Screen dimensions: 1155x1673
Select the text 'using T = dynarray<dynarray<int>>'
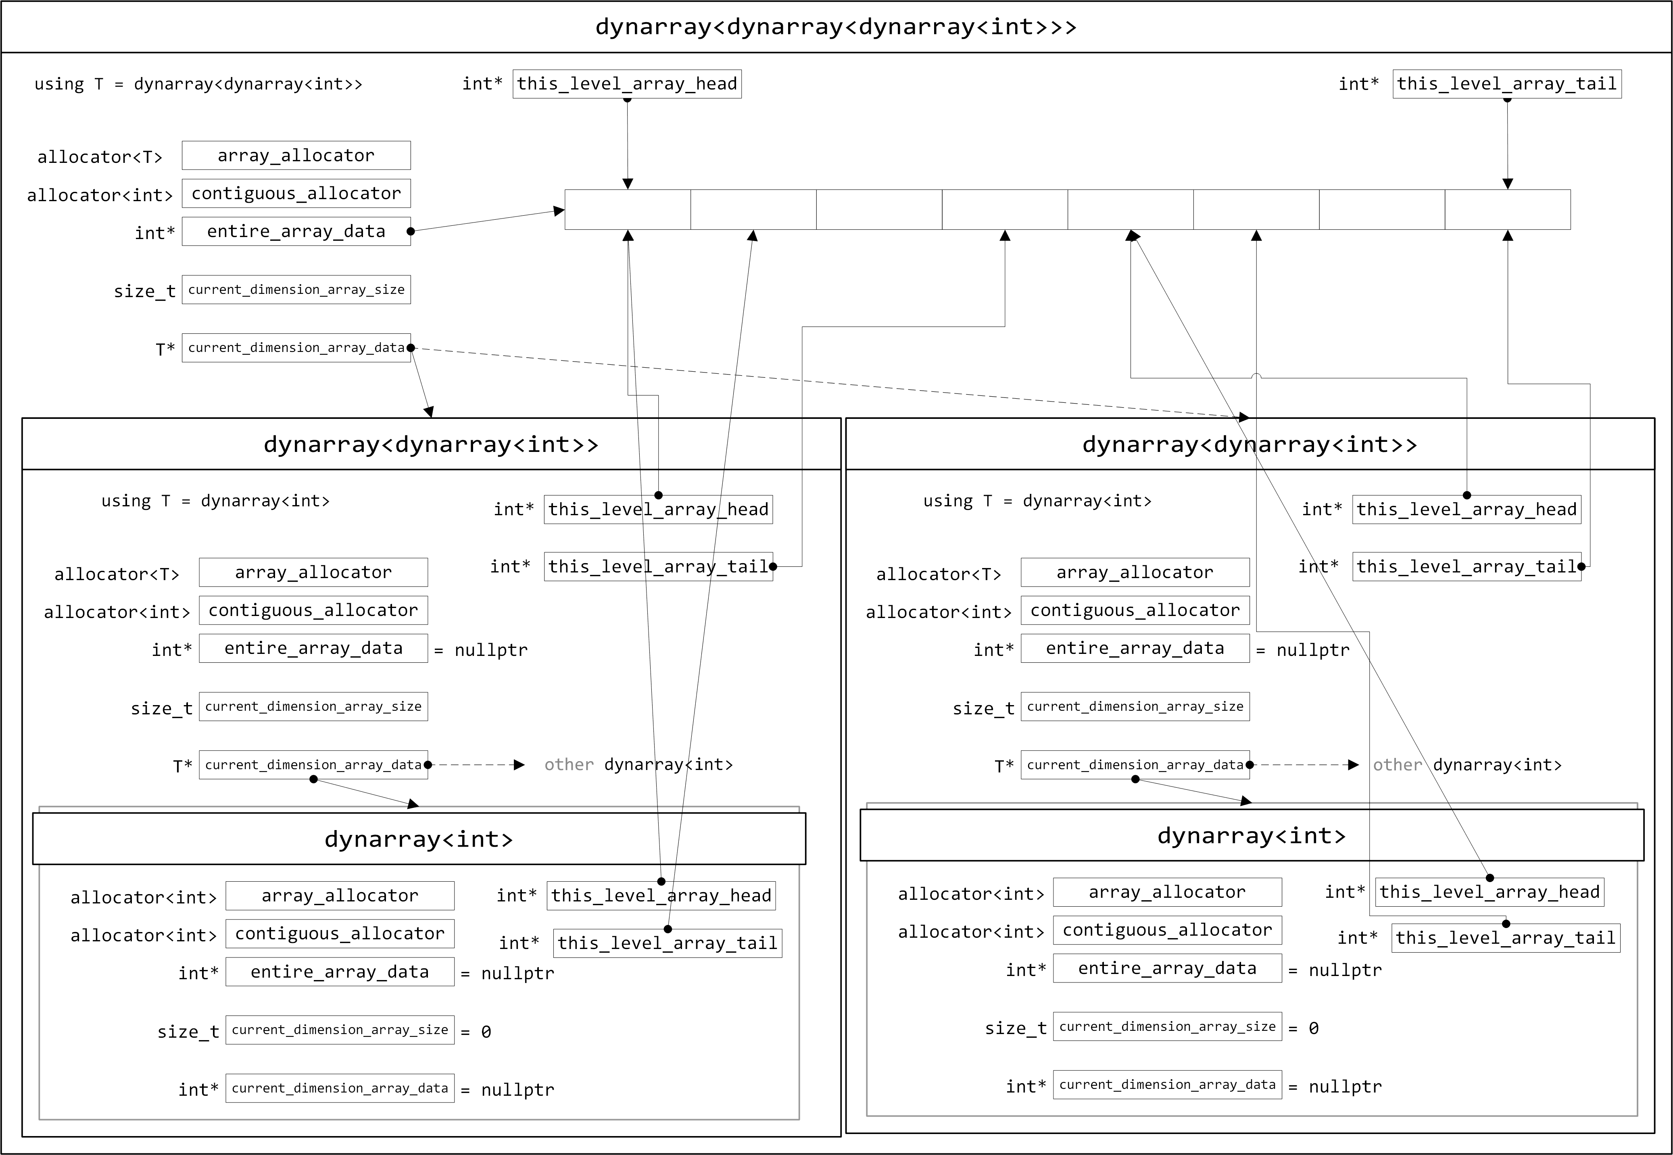pos(198,84)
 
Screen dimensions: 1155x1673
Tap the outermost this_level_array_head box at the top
pos(627,84)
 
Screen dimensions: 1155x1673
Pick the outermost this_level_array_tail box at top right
pos(1506,84)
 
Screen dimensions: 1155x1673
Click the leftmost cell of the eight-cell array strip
pos(628,210)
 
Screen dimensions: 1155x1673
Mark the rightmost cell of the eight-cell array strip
pos(1507,210)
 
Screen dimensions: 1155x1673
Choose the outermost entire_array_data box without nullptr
pos(296,231)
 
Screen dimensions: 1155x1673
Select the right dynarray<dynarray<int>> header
pos(1250,444)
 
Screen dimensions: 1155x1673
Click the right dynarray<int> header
pos(1252,836)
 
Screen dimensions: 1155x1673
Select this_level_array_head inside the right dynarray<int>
pos(1489,892)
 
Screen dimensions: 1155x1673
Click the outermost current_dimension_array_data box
pos(296,348)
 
